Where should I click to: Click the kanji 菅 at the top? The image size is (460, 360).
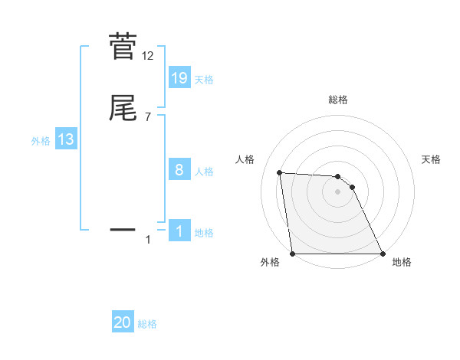[x=123, y=46]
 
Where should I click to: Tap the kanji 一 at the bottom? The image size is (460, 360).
[x=123, y=228]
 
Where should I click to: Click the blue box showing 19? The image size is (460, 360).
[x=179, y=78]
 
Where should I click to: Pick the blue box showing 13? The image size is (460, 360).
[x=66, y=139]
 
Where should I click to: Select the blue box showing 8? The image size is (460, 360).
[x=179, y=170]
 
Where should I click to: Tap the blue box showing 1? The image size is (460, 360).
[x=179, y=231]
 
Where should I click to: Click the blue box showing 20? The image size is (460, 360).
[x=123, y=323]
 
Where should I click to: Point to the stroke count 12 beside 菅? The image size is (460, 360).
[x=148, y=56]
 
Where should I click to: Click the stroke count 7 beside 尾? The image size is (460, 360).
[x=148, y=117]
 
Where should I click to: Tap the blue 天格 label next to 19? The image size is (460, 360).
[x=204, y=80]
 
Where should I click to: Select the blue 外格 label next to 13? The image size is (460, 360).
[x=41, y=141]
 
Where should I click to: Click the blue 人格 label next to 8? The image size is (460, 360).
[x=204, y=172]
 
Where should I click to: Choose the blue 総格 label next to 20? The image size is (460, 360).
[x=147, y=325]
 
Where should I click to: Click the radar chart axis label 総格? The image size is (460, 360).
[x=338, y=100]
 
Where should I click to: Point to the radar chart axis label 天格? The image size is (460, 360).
[x=432, y=159]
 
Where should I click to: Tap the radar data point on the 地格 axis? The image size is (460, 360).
[x=383, y=254]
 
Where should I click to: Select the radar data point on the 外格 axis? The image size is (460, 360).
[x=293, y=254]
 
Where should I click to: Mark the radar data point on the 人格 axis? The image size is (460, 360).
[x=279, y=173]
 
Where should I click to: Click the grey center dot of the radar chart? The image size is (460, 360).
[x=338, y=192]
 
